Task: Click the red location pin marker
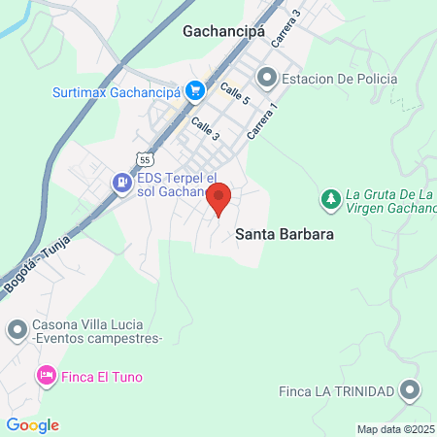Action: [219, 198]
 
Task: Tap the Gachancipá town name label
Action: [222, 31]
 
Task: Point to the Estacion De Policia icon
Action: [264, 77]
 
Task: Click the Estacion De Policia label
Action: [339, 78]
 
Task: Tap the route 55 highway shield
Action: [145, 157]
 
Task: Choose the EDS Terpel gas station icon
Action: [121, 181]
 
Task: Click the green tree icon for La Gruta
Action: [330, 200]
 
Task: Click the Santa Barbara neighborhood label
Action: [284, 235]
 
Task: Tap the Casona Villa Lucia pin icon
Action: [17, 331]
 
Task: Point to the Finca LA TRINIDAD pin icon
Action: [411, 391]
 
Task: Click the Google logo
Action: [32, 425]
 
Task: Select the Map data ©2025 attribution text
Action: [396, 429]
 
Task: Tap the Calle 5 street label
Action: [234, 94]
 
